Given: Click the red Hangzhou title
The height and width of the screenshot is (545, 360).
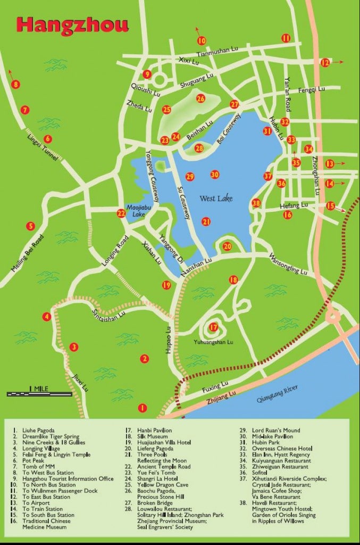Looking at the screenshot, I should [x=72, y=24].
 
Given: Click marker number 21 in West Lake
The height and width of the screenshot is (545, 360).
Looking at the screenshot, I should [x=206, y=221].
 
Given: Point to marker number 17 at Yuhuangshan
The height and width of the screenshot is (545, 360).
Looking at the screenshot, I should [x=213, y=327].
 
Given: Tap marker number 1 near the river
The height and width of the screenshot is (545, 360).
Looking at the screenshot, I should [x=141, y=408].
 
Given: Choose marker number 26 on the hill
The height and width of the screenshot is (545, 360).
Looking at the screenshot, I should [x=200, y=98].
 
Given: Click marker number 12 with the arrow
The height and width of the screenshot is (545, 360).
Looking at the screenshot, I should [x=325, y=62].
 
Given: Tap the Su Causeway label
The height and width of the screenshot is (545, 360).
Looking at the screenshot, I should [x=184, y=197].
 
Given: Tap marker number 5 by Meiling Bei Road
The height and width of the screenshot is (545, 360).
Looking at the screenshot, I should [x=31, y=226].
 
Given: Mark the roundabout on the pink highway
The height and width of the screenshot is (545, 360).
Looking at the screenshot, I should [x=333, y=317].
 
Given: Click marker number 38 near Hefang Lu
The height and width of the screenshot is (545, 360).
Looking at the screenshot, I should [x=256, y=203].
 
